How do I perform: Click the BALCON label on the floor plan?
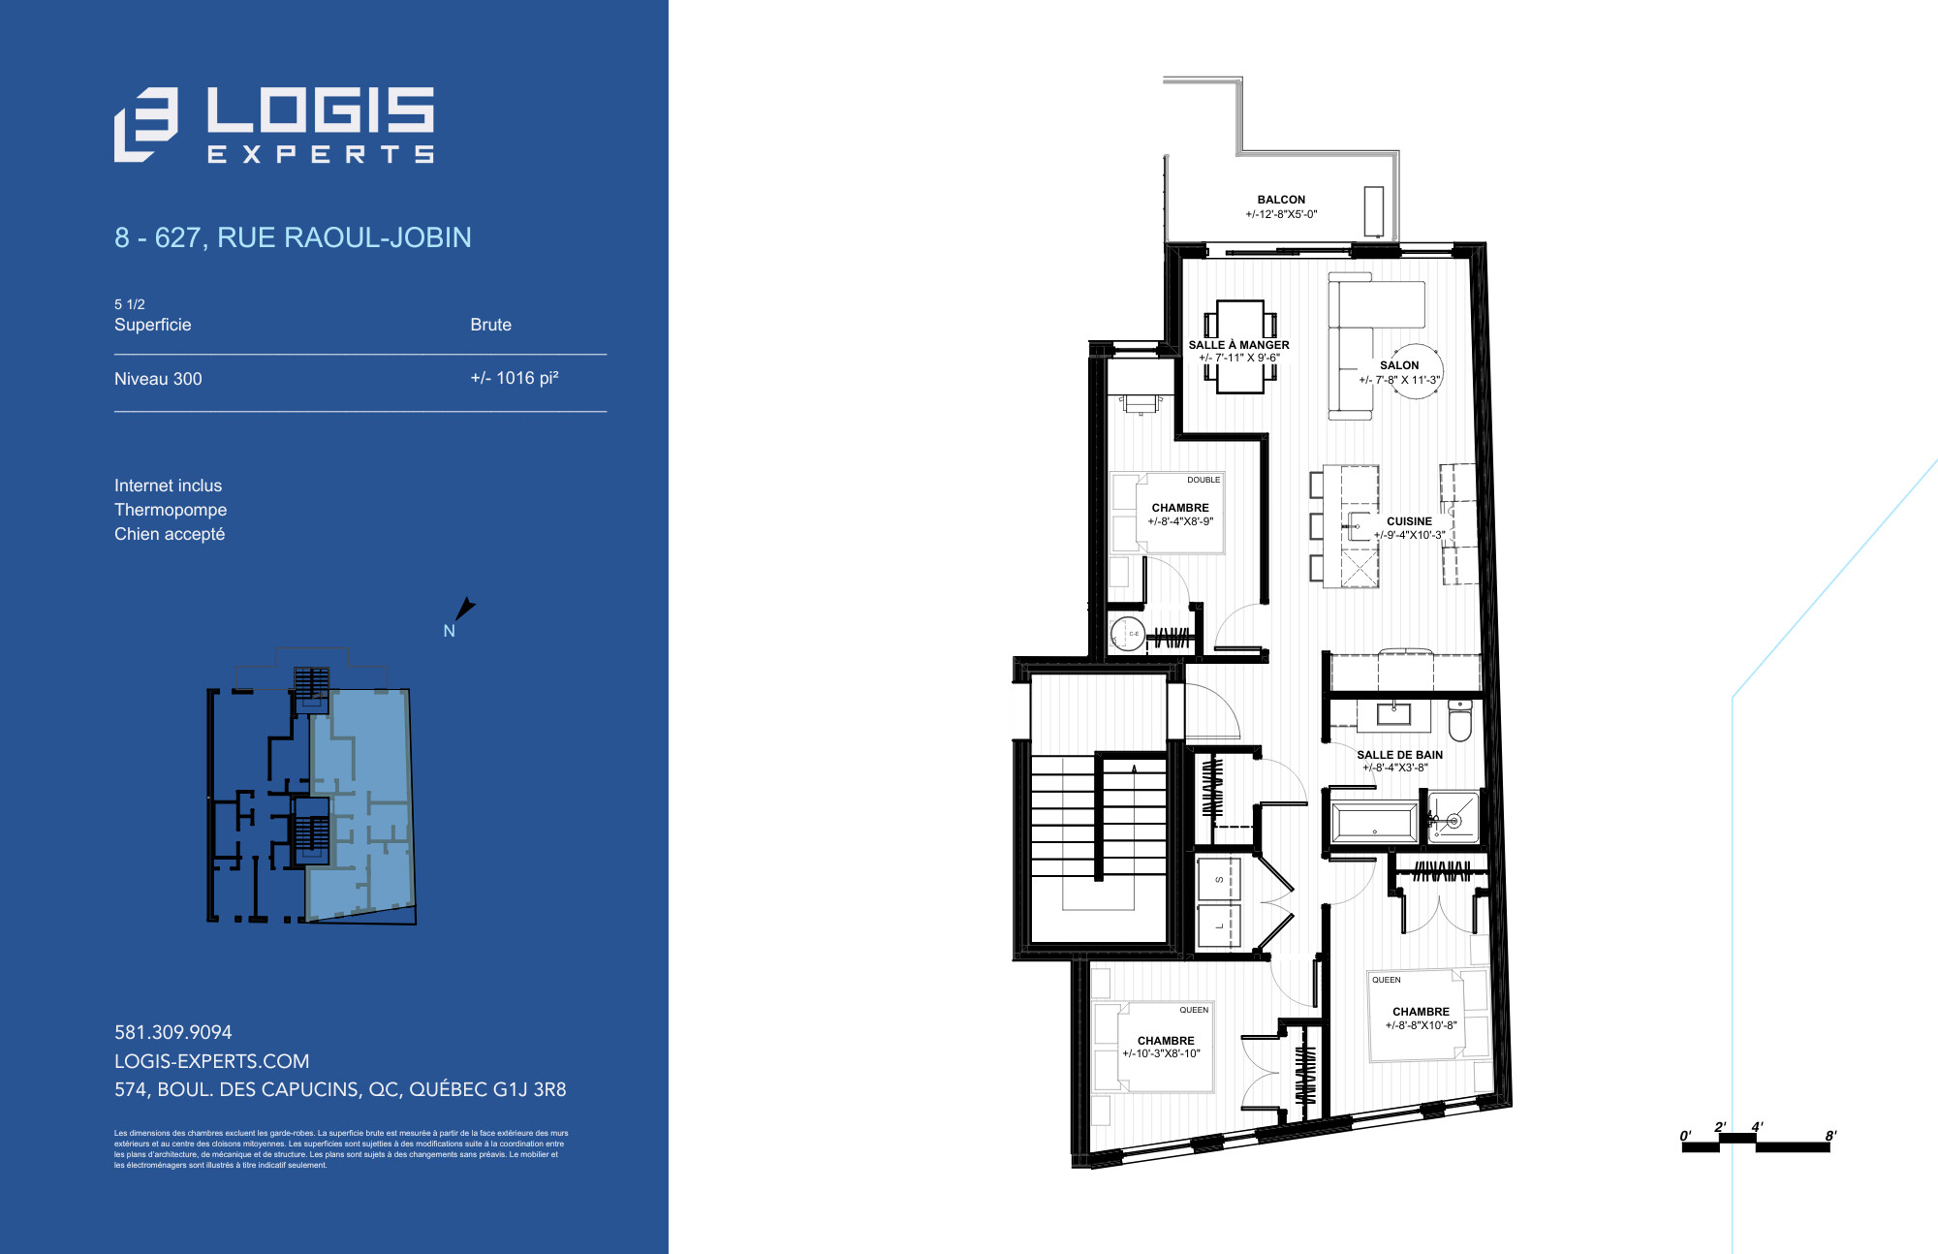1281,200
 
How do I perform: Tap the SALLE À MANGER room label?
1238,345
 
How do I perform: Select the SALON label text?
1399,365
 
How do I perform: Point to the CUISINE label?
1409,521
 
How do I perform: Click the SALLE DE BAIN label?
1399,755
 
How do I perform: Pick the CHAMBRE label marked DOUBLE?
1180,508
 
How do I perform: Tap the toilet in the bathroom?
1459,719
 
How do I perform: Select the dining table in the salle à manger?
1240,346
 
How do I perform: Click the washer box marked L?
1219,927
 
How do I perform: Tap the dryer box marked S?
1219,880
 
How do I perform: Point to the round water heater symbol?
1129,634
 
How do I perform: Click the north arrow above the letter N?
465,609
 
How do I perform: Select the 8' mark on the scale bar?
1830,1136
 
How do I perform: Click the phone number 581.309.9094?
173,1032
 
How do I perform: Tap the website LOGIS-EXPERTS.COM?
212,1061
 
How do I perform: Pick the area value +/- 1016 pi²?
515,378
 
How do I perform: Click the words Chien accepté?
170,534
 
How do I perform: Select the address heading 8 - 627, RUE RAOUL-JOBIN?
293,237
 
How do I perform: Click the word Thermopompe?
171,510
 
